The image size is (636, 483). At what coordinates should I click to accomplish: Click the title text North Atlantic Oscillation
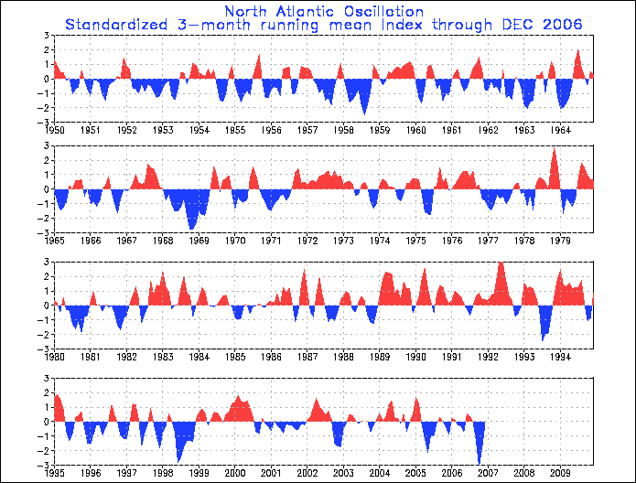point(324,11)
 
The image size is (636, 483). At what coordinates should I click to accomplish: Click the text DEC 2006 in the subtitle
point(542,25)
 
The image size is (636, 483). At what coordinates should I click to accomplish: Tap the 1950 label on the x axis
point(54,130)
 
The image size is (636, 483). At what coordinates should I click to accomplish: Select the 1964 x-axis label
point(560,130)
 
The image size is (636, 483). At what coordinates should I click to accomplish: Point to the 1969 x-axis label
point(199,241)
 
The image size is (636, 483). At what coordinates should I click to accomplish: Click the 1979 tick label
point(560,241)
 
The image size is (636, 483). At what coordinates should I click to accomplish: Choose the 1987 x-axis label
point(307,357)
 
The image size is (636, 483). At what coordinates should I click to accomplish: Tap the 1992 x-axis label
point(488,357)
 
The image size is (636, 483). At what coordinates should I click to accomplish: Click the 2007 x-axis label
point(488,473)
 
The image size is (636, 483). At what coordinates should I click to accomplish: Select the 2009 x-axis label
point(560,473)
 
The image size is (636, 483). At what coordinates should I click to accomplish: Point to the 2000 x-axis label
point(235,473)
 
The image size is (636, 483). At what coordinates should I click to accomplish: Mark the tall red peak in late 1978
point(555,149)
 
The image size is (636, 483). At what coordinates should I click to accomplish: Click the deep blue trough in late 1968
point(191,229)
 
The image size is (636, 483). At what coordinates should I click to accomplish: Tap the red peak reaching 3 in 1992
point(501,263)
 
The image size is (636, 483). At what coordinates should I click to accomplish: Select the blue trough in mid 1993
point(543,339)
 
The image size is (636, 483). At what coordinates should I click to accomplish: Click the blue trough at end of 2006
point(479,463)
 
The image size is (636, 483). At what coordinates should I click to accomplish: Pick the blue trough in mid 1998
point(178,461)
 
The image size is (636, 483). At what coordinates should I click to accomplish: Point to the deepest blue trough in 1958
point(364,113)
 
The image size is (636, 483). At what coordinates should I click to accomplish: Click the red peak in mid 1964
point(578,51)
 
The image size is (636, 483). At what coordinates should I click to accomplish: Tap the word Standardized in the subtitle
point(116,25)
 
